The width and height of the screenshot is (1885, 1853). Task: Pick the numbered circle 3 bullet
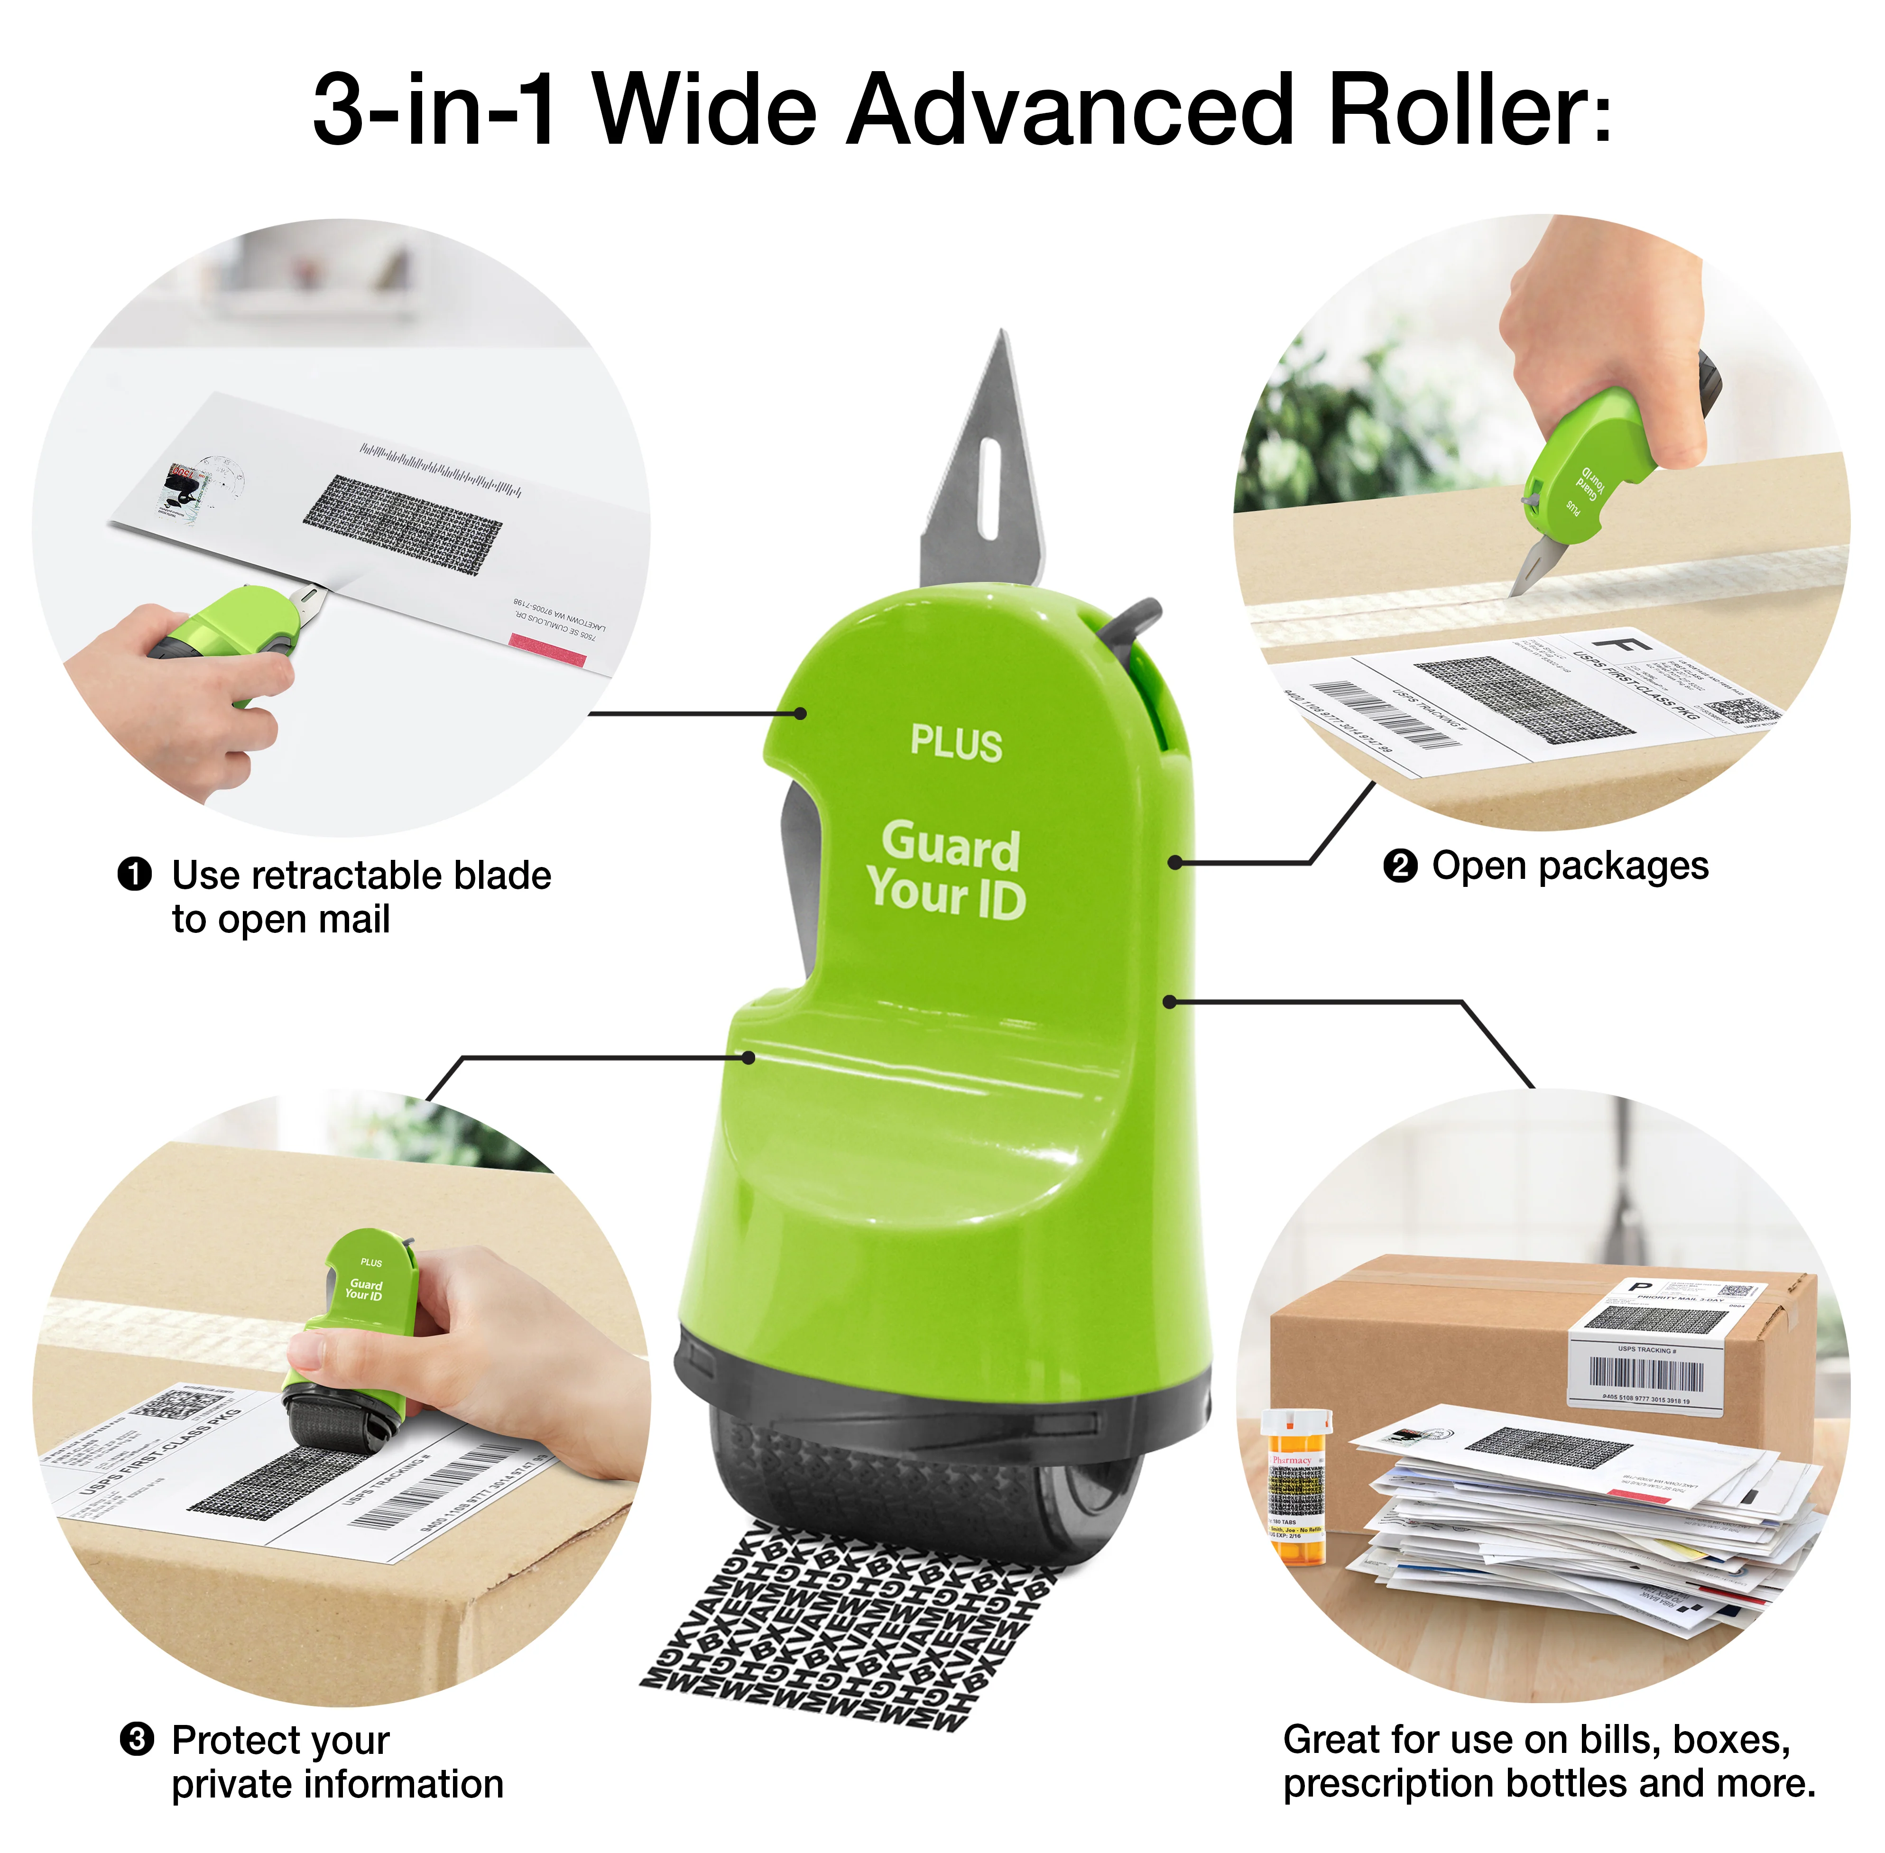tap(136, 1737)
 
